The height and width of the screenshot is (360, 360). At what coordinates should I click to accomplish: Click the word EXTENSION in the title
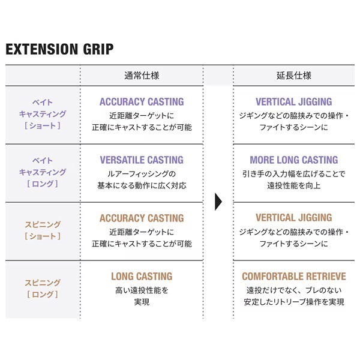click(42, 49)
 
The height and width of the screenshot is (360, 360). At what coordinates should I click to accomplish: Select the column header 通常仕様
click(142, 76)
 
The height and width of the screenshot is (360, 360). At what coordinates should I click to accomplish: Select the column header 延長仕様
click(294, 76)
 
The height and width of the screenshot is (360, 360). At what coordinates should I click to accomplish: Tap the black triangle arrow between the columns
click(218, 202)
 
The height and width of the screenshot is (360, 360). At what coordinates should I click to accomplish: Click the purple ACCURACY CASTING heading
click(142, 102)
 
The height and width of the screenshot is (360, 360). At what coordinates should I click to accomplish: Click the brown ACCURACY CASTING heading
click(142, 218)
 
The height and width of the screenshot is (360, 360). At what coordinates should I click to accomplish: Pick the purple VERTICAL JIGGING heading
click(294, 102)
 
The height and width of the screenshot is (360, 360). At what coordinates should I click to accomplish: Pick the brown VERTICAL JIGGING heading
click(294, 218)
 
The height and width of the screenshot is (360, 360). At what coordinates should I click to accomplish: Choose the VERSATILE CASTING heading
click(142, 160)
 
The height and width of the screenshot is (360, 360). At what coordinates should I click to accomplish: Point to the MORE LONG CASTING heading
click(294, 160)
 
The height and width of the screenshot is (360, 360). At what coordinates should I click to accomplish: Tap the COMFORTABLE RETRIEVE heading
click(294, 276)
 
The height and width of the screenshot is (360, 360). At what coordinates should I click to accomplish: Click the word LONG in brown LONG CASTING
click(122, 276)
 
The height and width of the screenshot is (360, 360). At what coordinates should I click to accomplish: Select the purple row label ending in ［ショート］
click(43, 114)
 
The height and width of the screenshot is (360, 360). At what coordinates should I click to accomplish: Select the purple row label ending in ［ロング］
click(43, 172)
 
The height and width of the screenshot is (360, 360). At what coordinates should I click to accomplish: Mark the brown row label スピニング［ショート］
click(43, 230)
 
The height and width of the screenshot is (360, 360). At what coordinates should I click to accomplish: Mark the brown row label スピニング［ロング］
click(43, 289)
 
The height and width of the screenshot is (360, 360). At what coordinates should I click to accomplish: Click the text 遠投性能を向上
click(294, 185)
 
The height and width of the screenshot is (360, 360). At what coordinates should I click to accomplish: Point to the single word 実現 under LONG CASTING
click(142, 302)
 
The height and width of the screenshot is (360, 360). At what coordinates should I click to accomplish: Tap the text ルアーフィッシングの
click(142, 174)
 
